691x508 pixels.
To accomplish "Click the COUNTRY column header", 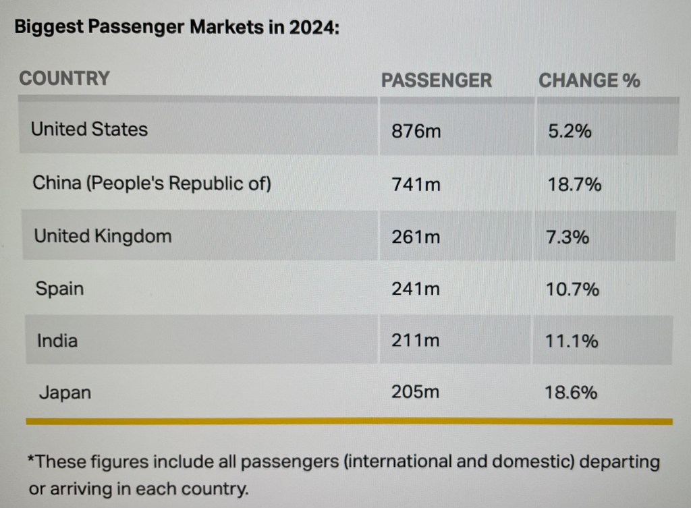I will coord(64,78).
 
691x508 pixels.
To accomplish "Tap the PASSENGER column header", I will coord(437,80).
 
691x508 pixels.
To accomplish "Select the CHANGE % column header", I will coord(589,80).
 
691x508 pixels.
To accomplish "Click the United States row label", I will coord(89,129).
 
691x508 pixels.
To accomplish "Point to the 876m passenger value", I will coord(416,131).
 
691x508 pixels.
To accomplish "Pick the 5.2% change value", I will coord(570,131).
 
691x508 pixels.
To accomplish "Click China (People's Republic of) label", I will coord(152,184).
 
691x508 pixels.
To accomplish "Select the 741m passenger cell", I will coord(416,184).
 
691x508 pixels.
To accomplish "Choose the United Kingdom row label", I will coord(103,236).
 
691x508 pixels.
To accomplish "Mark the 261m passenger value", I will coord(416,237).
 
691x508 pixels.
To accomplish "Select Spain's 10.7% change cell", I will coord(572,289).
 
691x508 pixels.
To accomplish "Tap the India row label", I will coord(57,341).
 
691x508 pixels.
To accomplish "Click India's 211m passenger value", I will coord(415,341).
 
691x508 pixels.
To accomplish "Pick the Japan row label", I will coord(64,392).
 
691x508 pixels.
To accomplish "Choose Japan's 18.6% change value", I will coord(571,392).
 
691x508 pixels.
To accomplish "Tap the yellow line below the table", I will coord(349,422).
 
